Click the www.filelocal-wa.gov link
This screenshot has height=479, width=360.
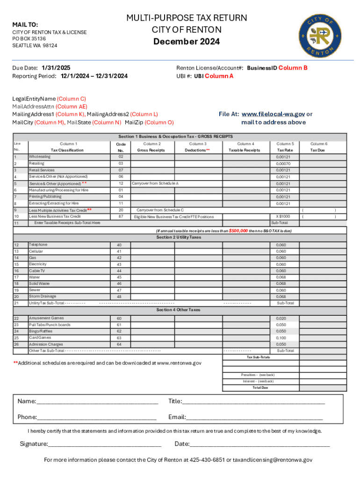tap(274, 114)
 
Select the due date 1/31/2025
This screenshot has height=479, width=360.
tap(56, 68)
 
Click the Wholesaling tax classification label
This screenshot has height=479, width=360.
tap(40, 157)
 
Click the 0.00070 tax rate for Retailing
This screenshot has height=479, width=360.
tap(283, 164)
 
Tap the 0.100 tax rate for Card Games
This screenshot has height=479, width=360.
tap(281, 338)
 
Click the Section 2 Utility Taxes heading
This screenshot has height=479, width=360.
tap(179, 237)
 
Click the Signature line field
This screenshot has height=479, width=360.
tap(105, 444)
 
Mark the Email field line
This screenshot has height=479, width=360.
tap(254, 417)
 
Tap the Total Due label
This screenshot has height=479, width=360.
tap(260, 387)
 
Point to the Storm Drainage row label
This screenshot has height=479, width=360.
tap(43, 296)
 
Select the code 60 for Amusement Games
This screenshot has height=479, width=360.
tap(119, 319)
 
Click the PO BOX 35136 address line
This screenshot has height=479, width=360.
tap(29, 39)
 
